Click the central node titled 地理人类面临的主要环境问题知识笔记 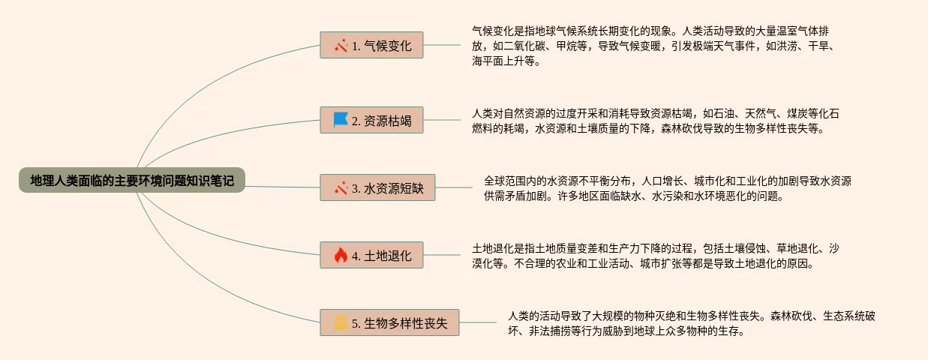(x=132, y=180)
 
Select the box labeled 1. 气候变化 (x=371, y=45)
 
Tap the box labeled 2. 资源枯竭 (x=371, y=120)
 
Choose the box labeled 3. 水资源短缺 (x=377, y=188)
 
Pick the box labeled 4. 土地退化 (x=371, y=256)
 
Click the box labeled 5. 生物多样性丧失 (x=389, y=323)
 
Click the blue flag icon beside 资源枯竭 (x=341, y=120)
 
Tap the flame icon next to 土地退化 (x=341, y=256)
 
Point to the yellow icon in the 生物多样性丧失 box (x=341, y=323)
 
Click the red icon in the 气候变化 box (x=341, y=45)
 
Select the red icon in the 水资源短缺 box (x=341, y=188)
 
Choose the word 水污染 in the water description (x=668, y=196)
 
